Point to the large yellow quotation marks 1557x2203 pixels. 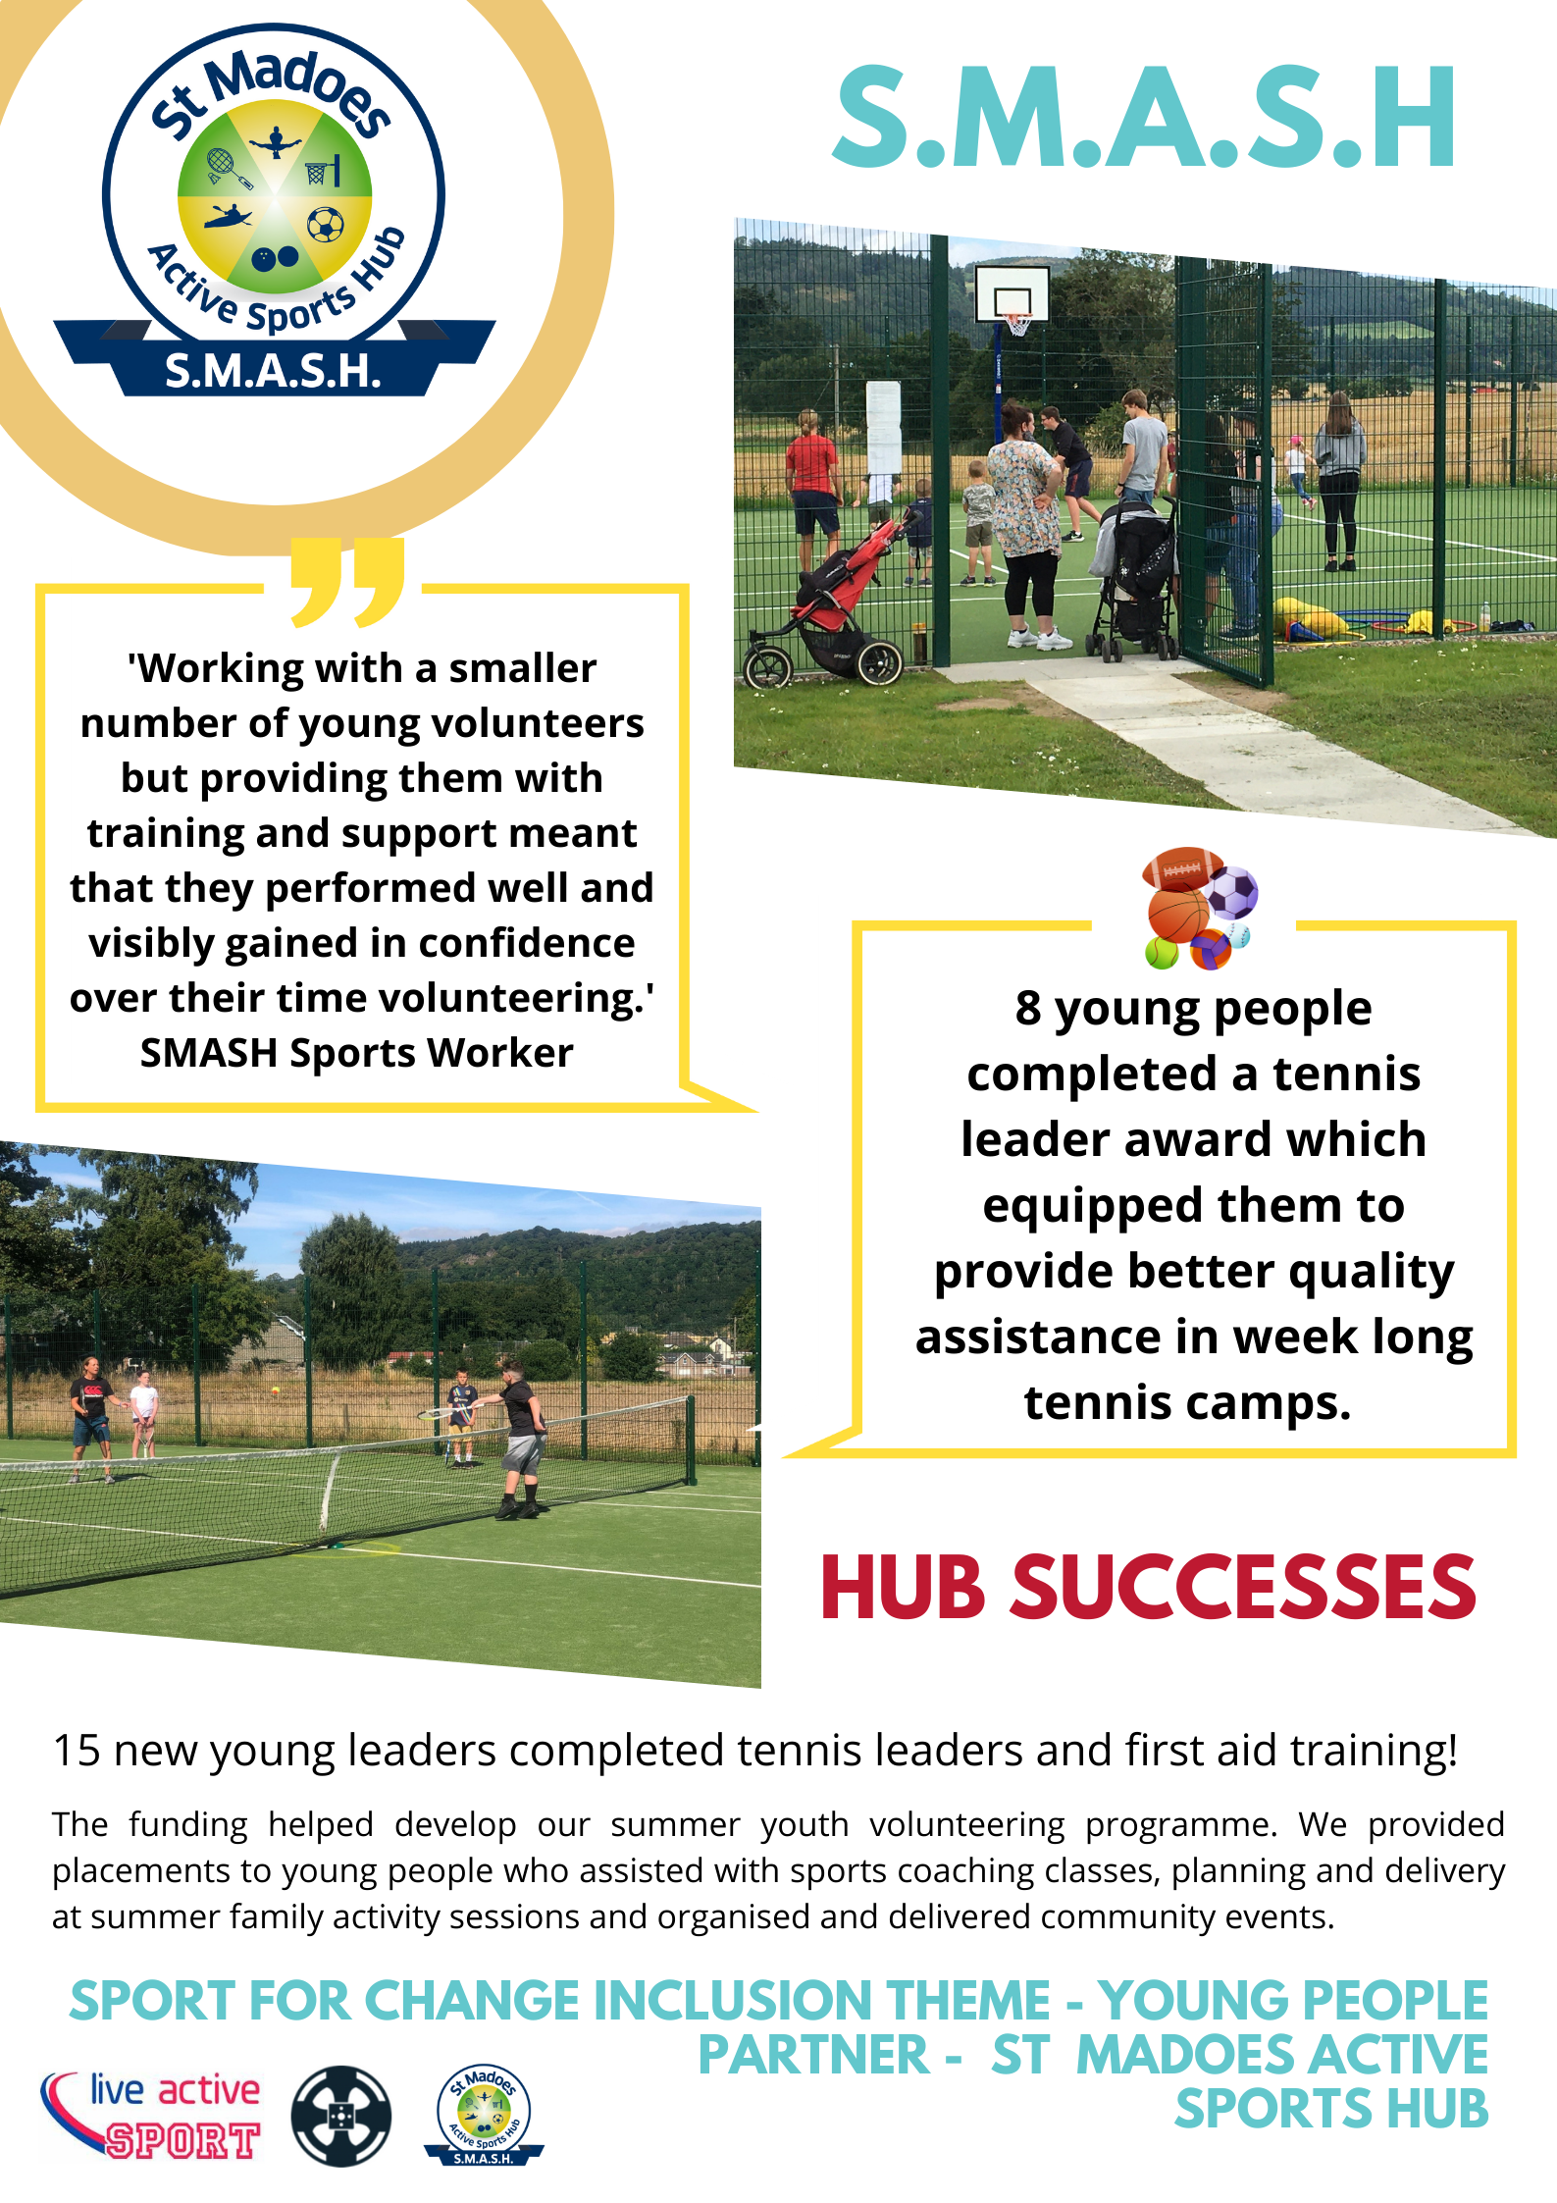pos(347,581)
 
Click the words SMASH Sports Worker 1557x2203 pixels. pos(357,1053)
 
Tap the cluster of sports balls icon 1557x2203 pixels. pos(1199,909)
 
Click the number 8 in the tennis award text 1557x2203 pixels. pos(1027,1008)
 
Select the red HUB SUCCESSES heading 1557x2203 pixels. pos(1148,1587)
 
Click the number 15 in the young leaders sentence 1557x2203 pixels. pos(77,1751)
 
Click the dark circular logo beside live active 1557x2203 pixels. pos(341,2116)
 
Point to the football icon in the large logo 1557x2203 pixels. pos(326,225)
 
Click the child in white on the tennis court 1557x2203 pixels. pos(144,1412)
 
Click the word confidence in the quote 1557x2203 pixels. pos(527,943)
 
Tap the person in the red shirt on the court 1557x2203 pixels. pos(812,490)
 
